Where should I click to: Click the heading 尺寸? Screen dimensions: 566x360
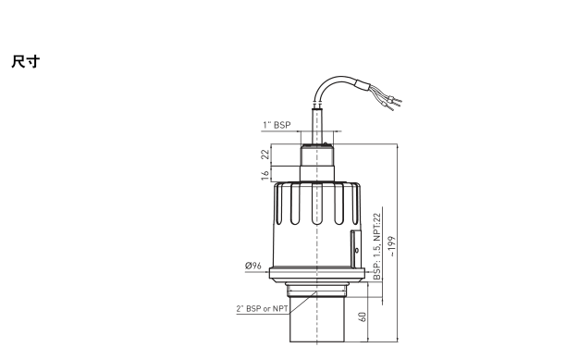tap(25, 61)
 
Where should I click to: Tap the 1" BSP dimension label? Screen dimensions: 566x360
tap(277, 125)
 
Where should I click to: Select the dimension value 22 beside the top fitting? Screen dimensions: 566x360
tap(265, 155)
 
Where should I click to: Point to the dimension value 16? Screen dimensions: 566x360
tap(265, 175)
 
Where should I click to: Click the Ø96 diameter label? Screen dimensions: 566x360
tap(253, 266)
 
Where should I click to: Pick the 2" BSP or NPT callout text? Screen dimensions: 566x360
tap(263, 309)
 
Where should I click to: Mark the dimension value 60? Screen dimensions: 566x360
tap(362, 317)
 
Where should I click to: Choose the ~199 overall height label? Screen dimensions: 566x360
tap(392, 246)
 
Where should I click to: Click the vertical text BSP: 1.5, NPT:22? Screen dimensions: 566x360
tap(377, 246)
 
